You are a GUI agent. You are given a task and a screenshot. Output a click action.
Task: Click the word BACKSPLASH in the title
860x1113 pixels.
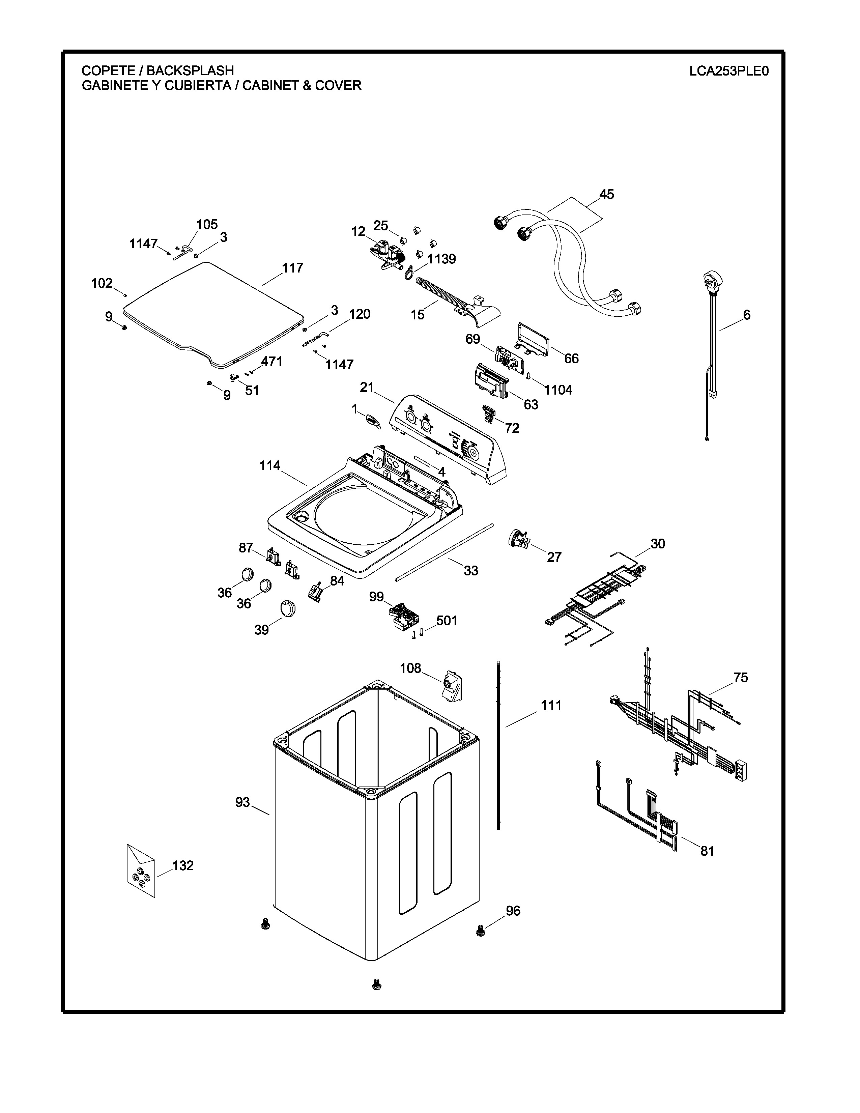(191, 70)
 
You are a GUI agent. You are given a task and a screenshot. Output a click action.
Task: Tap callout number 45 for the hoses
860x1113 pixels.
(606, 194)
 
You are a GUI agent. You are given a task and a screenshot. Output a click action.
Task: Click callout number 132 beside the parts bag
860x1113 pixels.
(183, 865)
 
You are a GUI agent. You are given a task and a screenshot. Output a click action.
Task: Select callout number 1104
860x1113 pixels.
(558, 390)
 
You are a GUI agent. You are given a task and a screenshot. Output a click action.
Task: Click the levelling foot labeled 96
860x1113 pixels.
(480, 931)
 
